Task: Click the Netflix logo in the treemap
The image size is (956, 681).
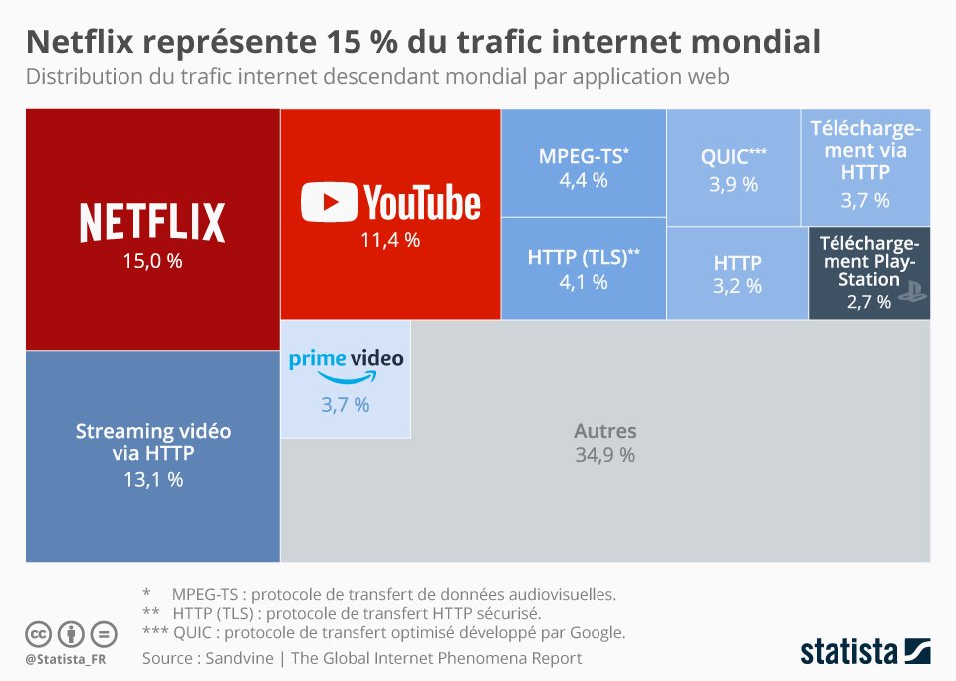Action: pos(152,221)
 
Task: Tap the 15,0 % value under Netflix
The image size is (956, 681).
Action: pos(152,263)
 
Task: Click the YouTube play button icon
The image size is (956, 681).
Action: pos(329,202)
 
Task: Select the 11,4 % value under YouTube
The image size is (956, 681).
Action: pos(389,240)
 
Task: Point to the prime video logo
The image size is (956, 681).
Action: pos(346,364)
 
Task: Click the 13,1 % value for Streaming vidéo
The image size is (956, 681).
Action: pos(152,479)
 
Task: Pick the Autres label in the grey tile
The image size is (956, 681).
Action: pos(604,432)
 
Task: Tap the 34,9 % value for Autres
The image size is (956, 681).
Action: pos(604,456)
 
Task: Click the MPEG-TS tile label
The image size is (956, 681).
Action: pos(584,156)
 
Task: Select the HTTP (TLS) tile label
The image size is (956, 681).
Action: pos(584,257)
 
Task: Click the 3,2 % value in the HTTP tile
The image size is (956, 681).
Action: pos(737,287)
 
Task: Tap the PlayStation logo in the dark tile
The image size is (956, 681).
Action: pos(913,292)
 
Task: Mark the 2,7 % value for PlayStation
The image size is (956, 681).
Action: pos(868,301)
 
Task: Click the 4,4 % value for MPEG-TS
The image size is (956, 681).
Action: pos(584,180)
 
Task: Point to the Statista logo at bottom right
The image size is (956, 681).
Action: pos(864,651)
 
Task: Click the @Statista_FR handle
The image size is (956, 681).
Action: pos(66,659)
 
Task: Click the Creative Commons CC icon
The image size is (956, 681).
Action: pos(38,634)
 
